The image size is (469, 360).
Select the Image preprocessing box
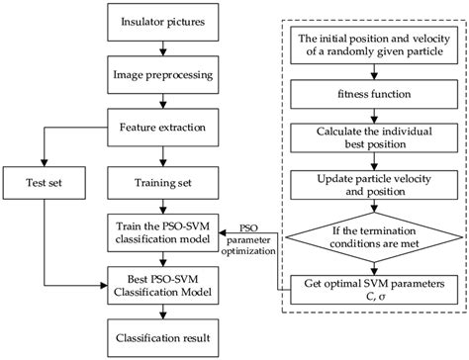[160, 75]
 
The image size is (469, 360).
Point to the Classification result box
[160, 337]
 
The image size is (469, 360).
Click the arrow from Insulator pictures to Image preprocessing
[160, 49]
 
